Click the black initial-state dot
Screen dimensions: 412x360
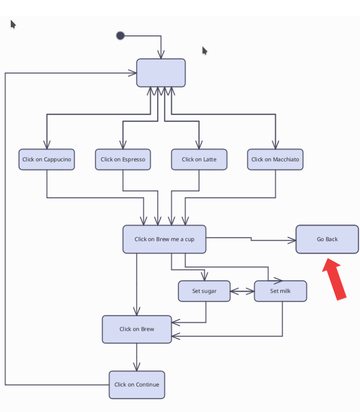120,36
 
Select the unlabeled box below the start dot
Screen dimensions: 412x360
161,73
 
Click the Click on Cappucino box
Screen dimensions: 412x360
46,160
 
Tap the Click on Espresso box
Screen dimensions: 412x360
123,160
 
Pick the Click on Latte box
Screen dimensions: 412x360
199,160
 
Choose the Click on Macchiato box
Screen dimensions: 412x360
275,160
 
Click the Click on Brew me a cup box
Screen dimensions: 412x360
164,239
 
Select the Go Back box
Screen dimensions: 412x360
327,239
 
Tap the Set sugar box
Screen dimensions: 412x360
204,291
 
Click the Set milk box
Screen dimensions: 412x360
280,291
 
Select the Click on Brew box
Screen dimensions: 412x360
137,329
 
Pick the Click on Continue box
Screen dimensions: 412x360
137,385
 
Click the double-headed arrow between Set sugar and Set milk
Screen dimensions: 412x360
242,291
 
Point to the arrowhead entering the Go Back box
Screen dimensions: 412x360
292,241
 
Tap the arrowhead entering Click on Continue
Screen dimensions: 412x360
137,367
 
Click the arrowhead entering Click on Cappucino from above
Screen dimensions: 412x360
47,145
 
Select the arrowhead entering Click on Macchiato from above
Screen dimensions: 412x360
275,145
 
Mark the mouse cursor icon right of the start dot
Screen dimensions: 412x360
205,50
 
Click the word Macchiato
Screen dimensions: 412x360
286,160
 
